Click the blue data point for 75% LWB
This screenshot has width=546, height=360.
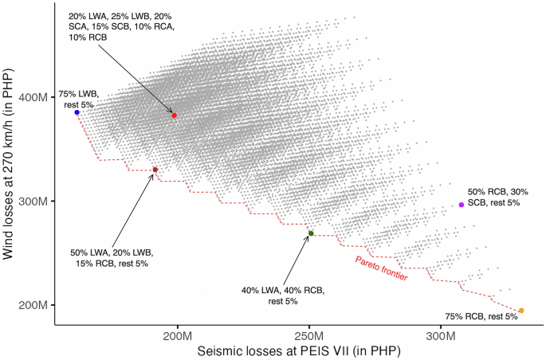77,113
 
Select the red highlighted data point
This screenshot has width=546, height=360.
174,115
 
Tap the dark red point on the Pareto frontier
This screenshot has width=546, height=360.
155,170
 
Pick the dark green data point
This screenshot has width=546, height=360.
311,233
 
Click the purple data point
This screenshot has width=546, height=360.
462,205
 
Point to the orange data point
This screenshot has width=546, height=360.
521,311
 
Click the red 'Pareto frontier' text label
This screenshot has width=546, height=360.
381,268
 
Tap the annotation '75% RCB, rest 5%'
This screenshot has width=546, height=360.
481,316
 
